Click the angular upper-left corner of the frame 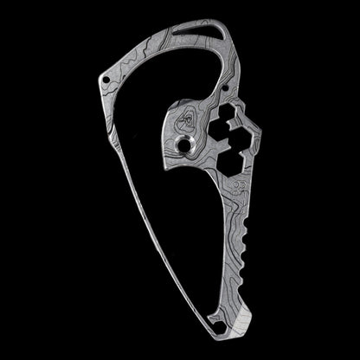(101, 74)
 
